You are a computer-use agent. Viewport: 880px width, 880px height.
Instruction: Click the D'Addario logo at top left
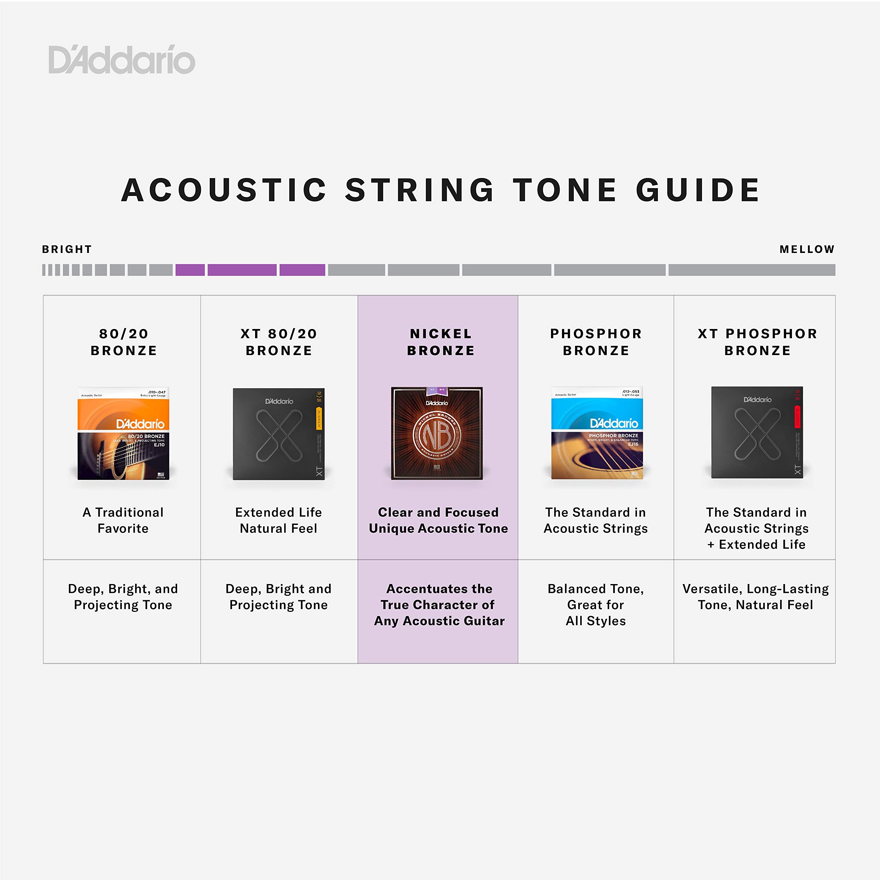122,60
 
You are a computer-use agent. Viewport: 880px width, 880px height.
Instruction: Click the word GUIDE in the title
698,190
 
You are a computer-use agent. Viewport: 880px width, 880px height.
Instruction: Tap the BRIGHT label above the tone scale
67,249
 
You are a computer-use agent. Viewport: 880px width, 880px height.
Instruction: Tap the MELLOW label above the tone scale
807,249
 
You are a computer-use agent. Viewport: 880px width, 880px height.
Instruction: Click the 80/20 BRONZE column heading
123,342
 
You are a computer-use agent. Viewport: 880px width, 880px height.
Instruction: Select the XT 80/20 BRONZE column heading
279,342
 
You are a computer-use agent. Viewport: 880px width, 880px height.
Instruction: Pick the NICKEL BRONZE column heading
440,342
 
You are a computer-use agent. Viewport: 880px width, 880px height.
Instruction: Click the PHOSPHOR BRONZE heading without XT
596,342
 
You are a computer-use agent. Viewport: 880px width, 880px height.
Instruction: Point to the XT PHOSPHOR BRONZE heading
758,342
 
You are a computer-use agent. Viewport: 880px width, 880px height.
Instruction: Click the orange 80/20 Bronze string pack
123,433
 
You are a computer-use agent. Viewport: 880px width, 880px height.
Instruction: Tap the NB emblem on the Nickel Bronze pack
437,434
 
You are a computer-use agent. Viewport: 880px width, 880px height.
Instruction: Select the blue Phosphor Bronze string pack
597,433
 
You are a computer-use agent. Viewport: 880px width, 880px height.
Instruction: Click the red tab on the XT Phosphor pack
797,412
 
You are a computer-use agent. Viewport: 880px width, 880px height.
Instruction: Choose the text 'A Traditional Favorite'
123,520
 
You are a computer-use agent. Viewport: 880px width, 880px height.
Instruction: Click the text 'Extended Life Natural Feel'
278,520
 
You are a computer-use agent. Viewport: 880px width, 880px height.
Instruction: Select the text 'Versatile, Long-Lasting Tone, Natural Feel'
755,597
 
